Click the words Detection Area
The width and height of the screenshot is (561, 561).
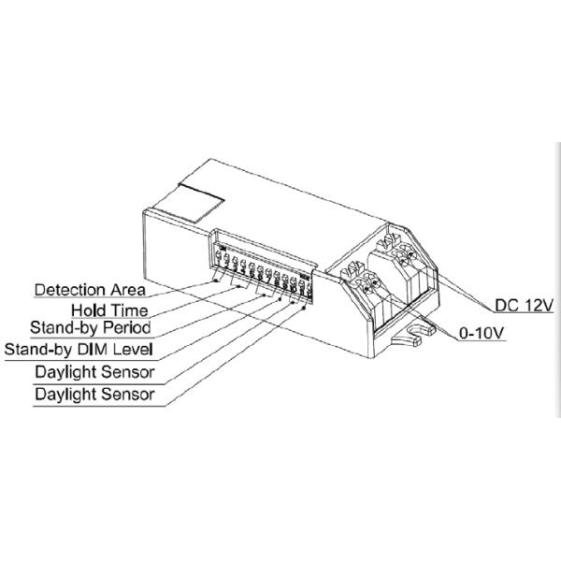tap(90, 290)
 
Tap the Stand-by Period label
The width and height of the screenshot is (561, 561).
tap(90, 329)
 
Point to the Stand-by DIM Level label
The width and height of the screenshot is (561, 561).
tap(79, 350)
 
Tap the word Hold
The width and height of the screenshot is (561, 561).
tap(88, 309)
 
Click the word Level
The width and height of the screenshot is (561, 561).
tap(137, 350)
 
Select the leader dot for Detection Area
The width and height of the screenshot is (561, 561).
tap(216, 278)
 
